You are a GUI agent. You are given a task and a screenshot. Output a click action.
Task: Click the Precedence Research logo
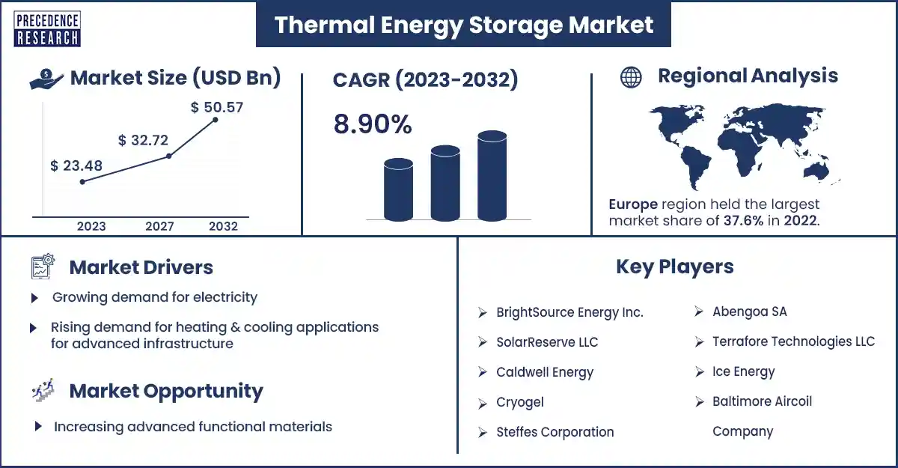tap(47, 29)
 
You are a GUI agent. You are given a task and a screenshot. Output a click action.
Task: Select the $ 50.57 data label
tap(217, 107)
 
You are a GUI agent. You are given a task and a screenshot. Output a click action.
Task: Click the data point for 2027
tap(169, 156)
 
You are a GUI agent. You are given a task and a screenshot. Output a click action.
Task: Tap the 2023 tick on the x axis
tap(91, 226)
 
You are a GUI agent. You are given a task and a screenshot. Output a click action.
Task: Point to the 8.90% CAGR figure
tap(373, 124)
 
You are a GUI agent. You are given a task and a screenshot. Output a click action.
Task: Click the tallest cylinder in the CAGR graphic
tap(492, 176)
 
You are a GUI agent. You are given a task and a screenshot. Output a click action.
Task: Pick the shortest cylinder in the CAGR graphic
tap(398, 189)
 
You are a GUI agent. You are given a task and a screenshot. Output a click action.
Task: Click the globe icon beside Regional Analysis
tap(631, 77)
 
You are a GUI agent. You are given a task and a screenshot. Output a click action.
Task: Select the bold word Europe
tap(633, 204)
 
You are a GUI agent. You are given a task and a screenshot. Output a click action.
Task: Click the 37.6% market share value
tap(743, 221)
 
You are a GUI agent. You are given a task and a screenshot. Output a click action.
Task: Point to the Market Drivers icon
tap(43, 267)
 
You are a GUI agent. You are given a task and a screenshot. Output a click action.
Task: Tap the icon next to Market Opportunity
tap(43, 390)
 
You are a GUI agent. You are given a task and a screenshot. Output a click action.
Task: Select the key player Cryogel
tap(520, 402)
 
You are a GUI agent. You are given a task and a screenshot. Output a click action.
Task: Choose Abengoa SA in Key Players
tap(750, 312)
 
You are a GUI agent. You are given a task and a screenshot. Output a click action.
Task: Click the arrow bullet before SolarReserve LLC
tap(482, 342)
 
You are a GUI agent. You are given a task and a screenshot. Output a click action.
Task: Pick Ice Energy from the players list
tap(744, 371)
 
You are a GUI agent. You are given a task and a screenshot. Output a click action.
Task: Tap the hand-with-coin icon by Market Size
tap(46, 79)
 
